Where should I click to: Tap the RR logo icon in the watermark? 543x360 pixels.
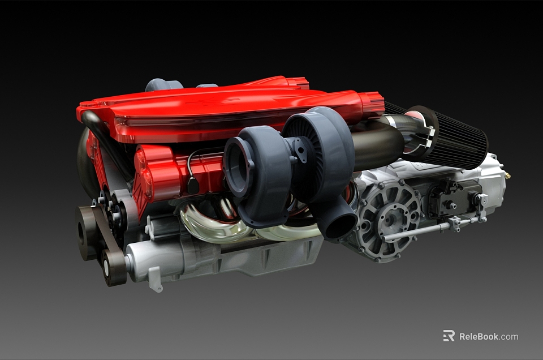coord(449,336)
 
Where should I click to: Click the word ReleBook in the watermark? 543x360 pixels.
coord(479,336)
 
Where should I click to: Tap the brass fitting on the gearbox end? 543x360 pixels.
coord(507,176)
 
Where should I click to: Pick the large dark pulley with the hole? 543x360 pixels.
coord(87,233)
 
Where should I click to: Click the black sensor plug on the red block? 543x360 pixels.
coord(193,185)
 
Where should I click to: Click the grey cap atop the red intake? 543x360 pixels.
coord(163,85)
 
